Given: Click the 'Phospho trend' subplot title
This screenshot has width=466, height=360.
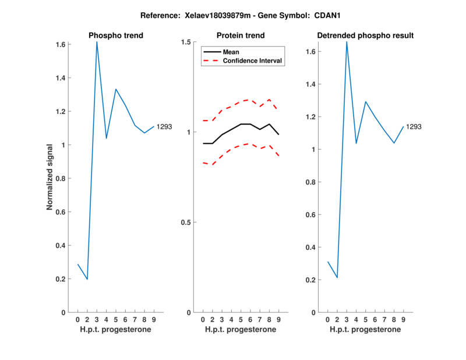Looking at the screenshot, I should pyautogui.click(x=116, y=36).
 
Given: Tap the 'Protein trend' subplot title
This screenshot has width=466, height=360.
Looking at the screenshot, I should pyautogui.click(x=241, y=36).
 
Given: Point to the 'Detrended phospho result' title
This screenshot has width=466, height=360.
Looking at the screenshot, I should pyautogui.click(x=365, y=36).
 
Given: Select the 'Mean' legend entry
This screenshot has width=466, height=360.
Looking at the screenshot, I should pyautogui.click(x=231, y=52).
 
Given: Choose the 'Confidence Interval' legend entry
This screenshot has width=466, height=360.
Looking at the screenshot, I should pyautogui.click(x=253, y=61).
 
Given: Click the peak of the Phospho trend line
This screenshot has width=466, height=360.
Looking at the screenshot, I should pyautogui.click(x=97, y=42).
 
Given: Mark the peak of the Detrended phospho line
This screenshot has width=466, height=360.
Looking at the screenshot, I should pyautogui.click(x=347, y=42).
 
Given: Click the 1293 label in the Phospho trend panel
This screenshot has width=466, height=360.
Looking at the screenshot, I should pyautogui.click(x=164, y=126).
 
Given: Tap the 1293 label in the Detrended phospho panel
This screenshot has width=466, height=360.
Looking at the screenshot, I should pyautogui.click(x=414, y=126).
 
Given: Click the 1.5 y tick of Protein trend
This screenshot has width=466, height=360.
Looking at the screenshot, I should pyautogui.click(x=186, y=42).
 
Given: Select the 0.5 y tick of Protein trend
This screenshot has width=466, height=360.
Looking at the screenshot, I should pyautogui.click(x=186, y=223).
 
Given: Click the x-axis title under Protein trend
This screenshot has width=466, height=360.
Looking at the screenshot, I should pyautogui.click(x=241, y=330).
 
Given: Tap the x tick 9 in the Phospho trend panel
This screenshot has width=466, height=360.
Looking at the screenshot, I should pyautogui.click(x=154, y=320).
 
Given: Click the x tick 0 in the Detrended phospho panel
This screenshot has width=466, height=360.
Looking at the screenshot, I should pyautogui.click(x=327, y=320).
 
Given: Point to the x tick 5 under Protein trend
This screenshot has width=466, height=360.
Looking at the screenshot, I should pyautogui.click(x=241, y=320).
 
